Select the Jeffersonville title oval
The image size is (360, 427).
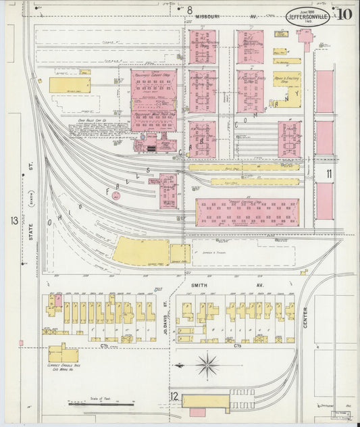pyautogui.click(x=308, y=16)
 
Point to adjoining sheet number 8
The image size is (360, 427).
pyautogui.click(x=190, y=9)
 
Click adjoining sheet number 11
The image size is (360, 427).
pyautogui.click(x=329, y=174)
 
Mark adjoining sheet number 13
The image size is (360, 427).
pyautogui.click(x=14, y=221)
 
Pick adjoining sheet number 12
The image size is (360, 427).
pyautogui.click(x=174, y=396)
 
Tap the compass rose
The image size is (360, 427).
pyautogui.click(x=207, y=366)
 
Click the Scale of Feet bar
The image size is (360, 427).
pyautogui.click(x=101, y=404)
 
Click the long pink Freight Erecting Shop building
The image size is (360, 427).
pyautogui.click(x=247, y=211)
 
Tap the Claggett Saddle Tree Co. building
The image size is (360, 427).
pyautogui.click(x=62, y=353)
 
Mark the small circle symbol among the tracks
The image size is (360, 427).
pyautogui.click(x=115, y=196)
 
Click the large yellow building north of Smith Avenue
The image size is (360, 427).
pyautogui.click(x=140, y=251)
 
